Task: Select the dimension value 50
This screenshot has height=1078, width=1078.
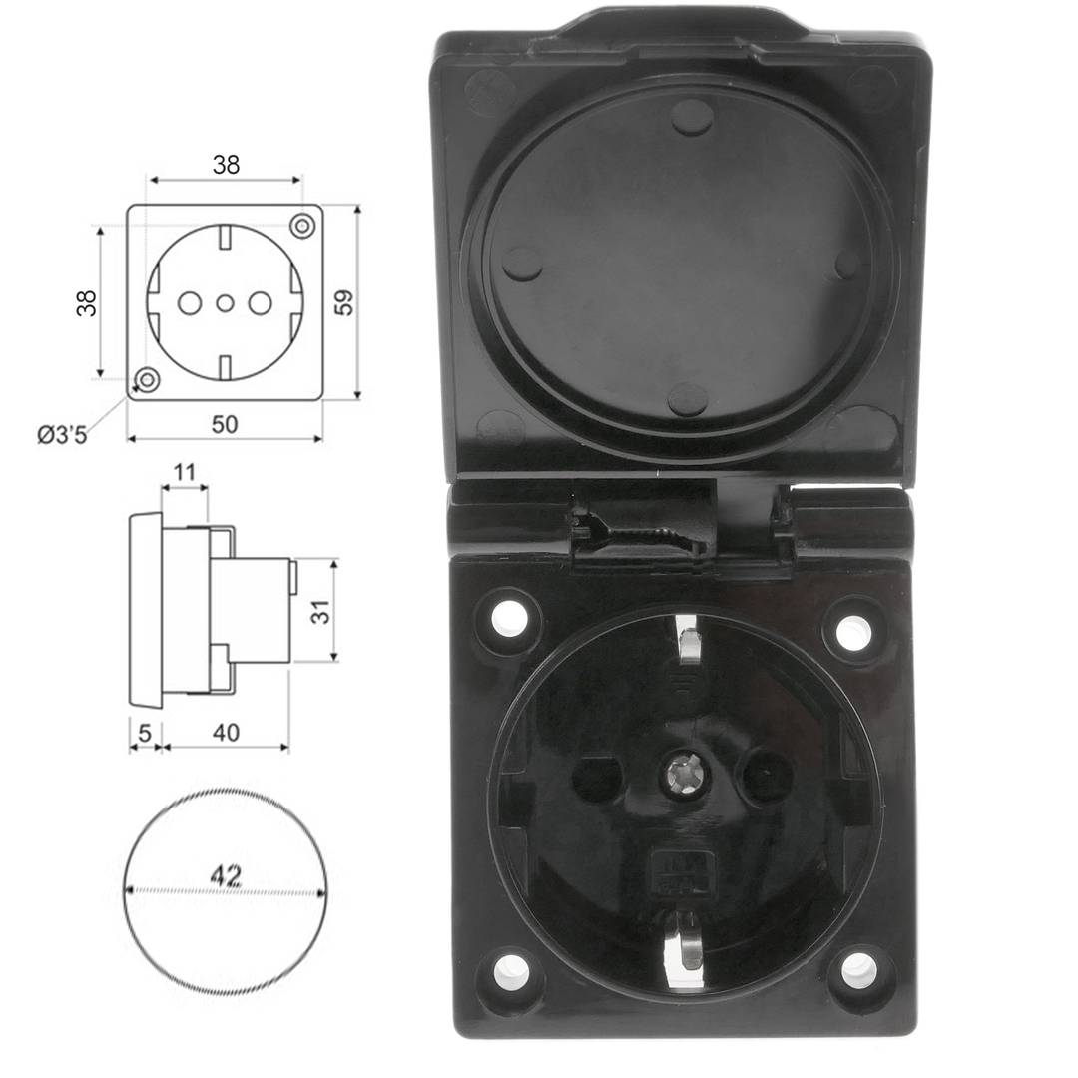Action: tap(225, 424)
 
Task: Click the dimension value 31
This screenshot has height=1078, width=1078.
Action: tap(320, 610)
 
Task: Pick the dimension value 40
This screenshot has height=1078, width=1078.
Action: tap(226, 732)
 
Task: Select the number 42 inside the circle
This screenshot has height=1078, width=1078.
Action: tap(226, 876)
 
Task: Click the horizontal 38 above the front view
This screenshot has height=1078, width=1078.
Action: tap(226, 165)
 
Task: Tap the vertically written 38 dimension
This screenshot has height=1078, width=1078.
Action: tap(88, 302)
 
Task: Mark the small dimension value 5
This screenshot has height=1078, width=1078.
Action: tap(145, 732)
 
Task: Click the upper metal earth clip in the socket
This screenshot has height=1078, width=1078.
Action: tap(688, 641)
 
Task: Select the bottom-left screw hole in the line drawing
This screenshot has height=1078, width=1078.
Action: tap(148, 379)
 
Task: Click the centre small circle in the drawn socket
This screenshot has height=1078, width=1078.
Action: tap(225, 302)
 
